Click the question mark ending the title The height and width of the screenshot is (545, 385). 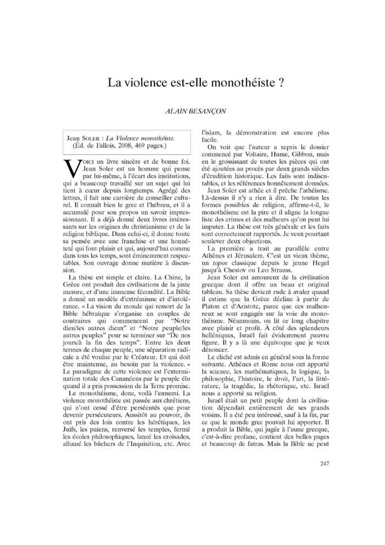coord(280,84)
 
